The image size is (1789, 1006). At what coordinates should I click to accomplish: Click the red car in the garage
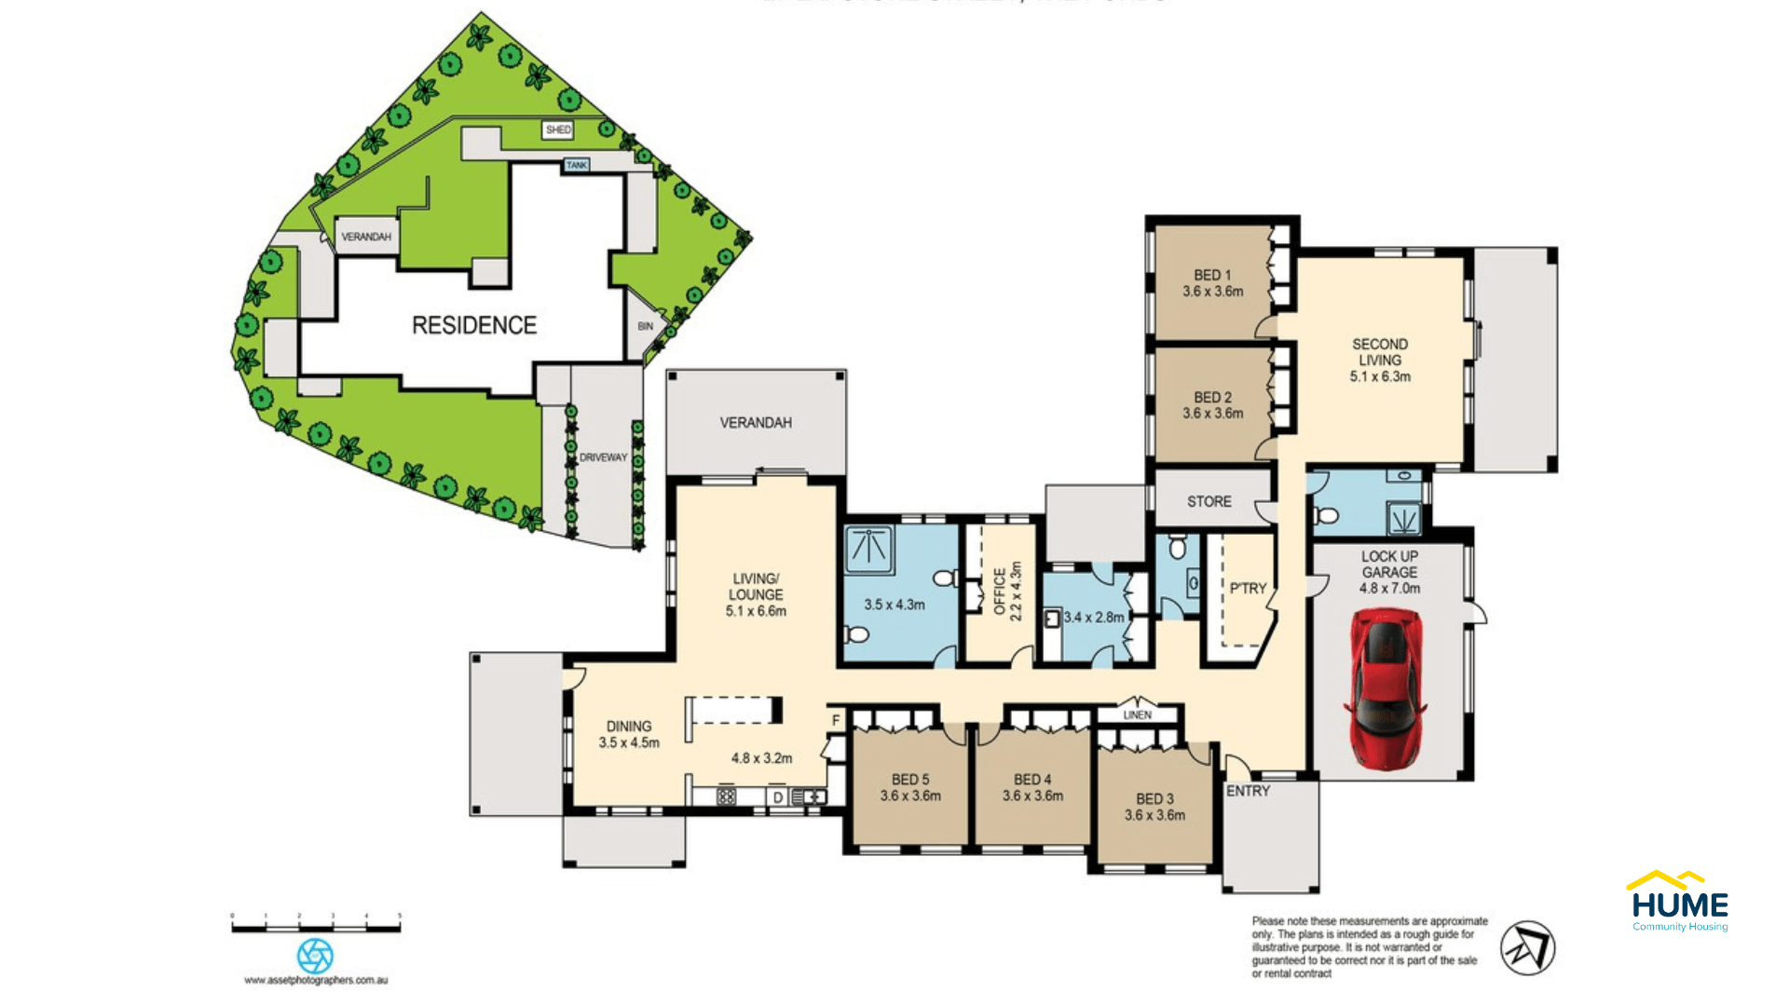(x=1386, y=689)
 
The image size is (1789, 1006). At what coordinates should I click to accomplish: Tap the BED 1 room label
(x=1212, y=275)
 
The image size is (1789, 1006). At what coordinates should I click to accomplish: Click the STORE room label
(x=1209, y=501)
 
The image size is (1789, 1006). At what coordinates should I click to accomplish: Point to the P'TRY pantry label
(x=1248, y=589)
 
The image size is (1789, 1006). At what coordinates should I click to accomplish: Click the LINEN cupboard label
(x=1138, y=715)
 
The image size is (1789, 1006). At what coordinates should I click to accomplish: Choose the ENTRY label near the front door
(x=1248, y=791)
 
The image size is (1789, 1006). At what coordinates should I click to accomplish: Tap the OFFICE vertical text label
(x=1000, y=592)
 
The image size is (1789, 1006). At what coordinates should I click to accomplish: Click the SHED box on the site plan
(x=558, y=129)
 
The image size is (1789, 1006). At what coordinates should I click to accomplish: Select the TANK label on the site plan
(x=577, y=165)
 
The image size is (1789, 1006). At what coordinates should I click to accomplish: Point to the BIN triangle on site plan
(x=646, y=326)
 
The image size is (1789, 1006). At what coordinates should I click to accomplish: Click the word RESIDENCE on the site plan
(x=474, y=325)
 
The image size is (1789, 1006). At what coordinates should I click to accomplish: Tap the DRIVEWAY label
(x=603, y=457)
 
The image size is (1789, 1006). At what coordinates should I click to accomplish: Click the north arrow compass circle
(x=1527, y=948)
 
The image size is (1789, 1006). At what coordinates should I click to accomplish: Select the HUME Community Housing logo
(x=1679, y=902)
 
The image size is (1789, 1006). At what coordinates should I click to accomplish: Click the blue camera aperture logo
(x=315, y=956)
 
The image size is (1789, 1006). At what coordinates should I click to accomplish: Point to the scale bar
(x=316, y=927)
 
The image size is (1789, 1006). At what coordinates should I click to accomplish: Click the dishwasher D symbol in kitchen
(x=778, y=797)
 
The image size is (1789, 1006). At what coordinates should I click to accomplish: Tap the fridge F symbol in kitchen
(x=836, y=720)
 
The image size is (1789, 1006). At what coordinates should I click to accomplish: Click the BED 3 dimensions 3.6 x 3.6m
(x=1154, y=815)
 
